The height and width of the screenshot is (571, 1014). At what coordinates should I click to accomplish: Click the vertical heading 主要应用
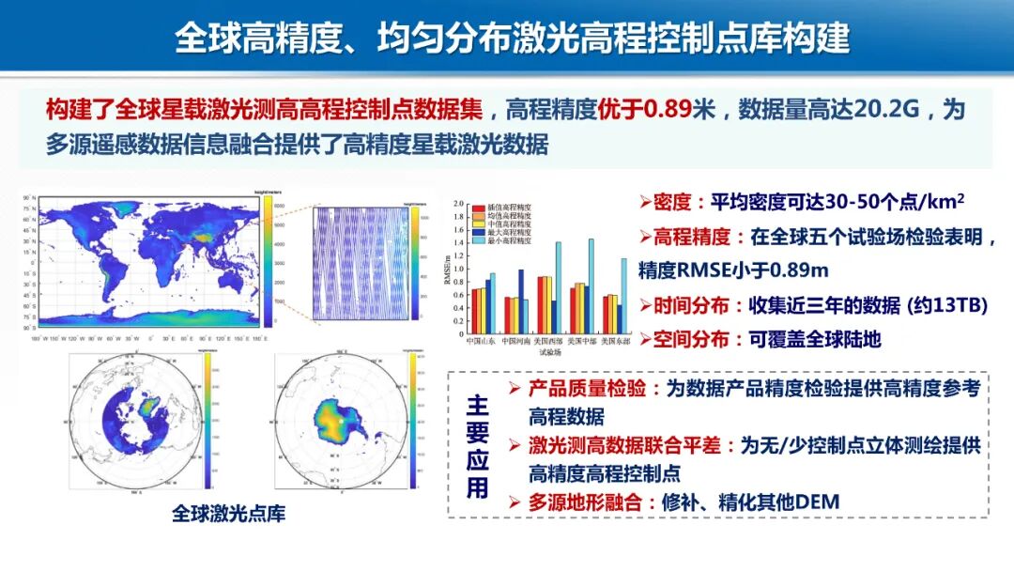pos(478,445)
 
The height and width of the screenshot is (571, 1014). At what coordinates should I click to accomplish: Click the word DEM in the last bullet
pos(817,502)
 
